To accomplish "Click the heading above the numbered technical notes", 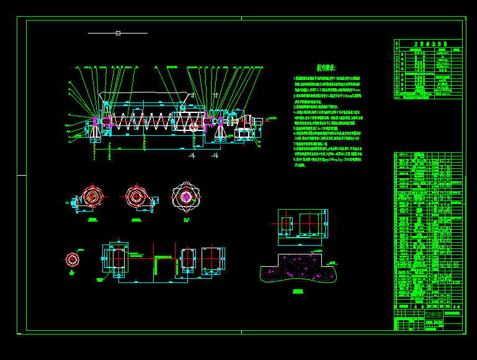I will click(x=326, y=67).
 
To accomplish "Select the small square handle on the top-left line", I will click(x=118, y=33).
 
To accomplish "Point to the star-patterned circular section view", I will click(x=186, y=196).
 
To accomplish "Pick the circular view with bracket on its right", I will click(x=136, y=196).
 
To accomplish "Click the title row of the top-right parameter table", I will click(x=429, y=44).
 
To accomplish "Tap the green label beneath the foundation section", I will click(x=298, y=290).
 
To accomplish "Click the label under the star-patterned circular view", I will click(x=186, y=219).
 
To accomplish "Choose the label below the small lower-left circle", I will click(x=73, y=272).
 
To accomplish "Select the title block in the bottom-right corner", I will click(x=428, y=320).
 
